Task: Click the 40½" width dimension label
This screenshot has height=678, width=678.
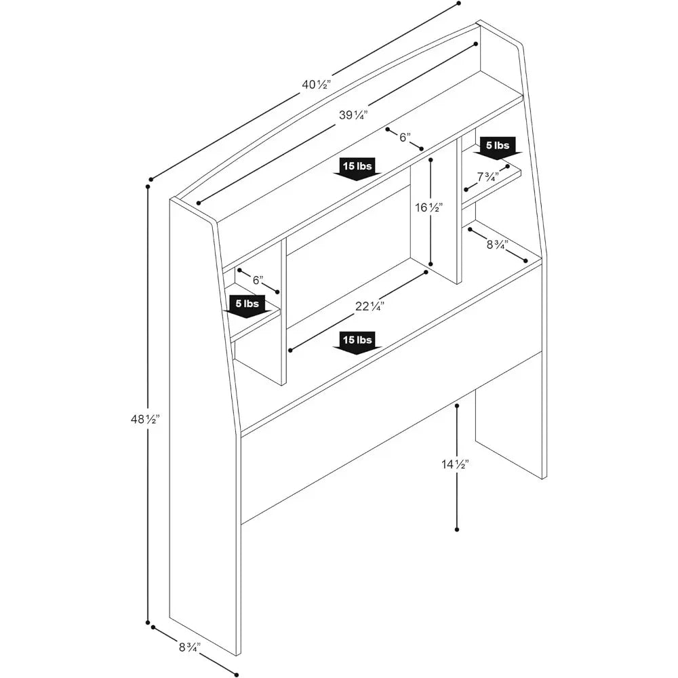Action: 316,85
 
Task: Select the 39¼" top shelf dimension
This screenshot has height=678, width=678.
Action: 353,115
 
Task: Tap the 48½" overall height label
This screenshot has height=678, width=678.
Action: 144,420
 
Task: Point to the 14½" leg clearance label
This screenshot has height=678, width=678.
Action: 456,464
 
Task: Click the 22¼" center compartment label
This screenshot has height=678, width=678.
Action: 370,306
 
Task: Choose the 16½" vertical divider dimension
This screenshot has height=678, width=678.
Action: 429,207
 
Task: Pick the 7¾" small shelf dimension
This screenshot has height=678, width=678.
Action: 488,177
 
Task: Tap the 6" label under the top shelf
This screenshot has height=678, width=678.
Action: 404,137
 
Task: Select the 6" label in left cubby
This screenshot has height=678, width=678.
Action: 257,280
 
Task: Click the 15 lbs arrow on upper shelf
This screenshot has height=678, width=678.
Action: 357,168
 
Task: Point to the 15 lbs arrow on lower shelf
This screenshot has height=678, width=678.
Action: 357,341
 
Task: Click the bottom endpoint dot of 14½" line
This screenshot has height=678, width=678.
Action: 458,529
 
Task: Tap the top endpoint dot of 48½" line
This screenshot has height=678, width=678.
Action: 148,184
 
